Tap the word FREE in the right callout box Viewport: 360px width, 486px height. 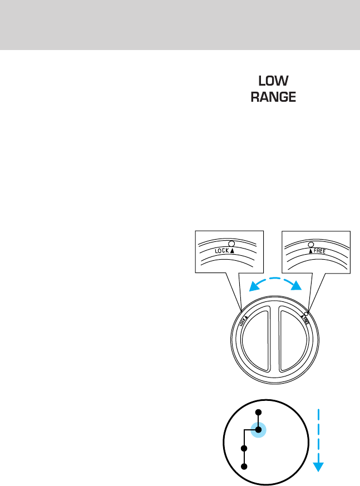point(318,251)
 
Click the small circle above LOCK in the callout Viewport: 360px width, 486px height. point(231,244)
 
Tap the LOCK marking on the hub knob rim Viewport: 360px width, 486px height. point(243,323)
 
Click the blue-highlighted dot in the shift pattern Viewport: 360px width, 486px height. point(258,429)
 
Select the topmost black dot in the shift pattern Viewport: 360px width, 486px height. point(258,411)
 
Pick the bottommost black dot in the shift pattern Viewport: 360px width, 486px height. point(243,466)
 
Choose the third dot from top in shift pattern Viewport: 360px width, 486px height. point(243,448)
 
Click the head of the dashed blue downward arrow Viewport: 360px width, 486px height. point(318,466)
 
